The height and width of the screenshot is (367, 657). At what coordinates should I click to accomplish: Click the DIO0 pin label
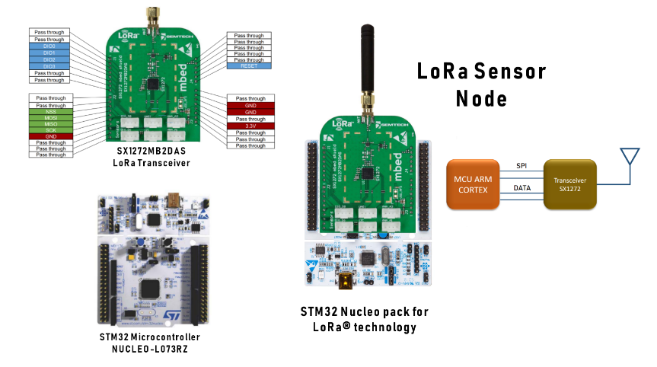pyautogui.click(x=49, y=46)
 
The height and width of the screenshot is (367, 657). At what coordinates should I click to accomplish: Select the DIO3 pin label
pyautogui.click(x=49, y=66)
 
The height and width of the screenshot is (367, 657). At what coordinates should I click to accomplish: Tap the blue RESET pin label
pyautogui.click(x=249, y=67)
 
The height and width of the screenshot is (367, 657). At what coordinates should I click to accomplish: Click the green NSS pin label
pyautogui.click(x=49, y=112)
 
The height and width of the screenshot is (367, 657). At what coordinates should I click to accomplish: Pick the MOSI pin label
pyautogui.click(x=49, y=119)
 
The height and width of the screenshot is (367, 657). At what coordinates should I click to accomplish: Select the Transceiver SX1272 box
pyautogui.click(x=571, y=183)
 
